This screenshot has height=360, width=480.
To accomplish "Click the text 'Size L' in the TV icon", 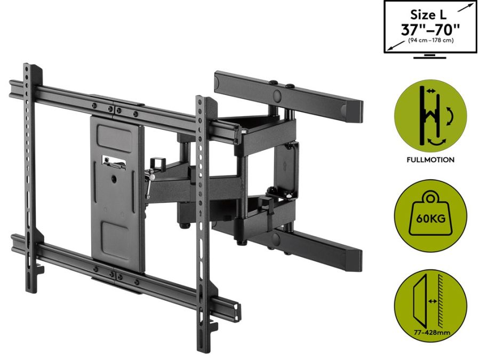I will point(429,15).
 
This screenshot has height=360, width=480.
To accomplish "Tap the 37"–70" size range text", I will point(429,29).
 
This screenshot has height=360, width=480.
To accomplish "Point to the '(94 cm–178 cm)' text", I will point(430,41).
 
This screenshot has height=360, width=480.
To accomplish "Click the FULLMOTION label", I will point(430,159).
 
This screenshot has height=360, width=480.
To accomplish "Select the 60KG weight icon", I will point(430,215).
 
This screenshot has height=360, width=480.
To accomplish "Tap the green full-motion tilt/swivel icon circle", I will point(430,116).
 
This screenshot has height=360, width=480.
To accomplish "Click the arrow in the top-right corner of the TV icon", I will point(468,5).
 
